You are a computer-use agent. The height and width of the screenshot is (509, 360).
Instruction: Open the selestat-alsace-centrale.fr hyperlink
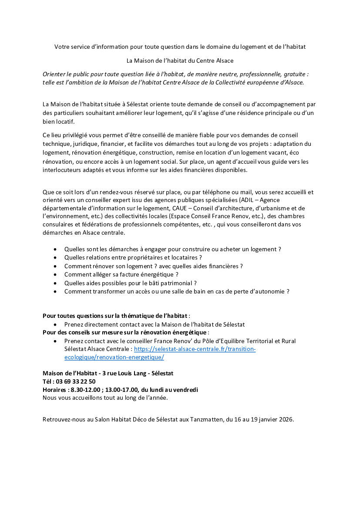pos(195,349)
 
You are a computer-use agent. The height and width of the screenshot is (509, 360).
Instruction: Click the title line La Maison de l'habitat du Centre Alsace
pos(180,61)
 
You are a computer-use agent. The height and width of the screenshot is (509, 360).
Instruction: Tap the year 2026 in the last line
pos(285,420)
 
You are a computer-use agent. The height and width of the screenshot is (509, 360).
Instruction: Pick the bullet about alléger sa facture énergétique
pos(121,274)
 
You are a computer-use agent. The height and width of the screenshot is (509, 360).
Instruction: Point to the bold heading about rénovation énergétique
pos(124,333)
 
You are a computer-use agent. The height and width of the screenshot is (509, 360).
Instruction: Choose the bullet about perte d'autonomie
pos(177,291)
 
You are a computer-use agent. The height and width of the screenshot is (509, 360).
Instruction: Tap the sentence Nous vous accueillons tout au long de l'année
pos(105,398)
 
